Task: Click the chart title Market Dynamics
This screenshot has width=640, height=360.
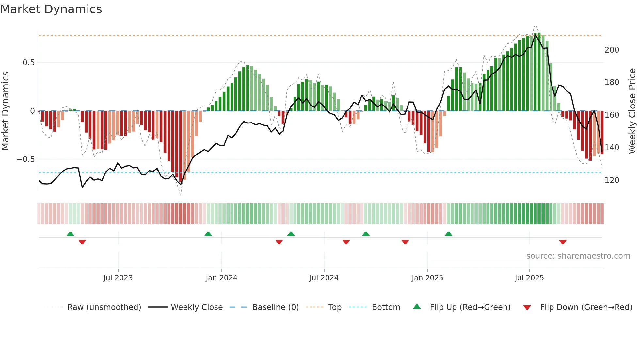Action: coord(51,9)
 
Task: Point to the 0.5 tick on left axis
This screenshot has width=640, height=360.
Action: coord(28,63)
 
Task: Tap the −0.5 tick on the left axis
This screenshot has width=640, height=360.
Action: coord(25,159)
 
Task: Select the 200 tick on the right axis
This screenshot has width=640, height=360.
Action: coord(612,50)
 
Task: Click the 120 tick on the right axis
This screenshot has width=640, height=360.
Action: coord(612,180)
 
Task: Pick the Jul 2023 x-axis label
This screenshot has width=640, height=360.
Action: coord(118,278)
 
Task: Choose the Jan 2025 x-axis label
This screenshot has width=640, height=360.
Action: coord(427,278)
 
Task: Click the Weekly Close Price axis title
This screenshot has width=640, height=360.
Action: coord(632,111)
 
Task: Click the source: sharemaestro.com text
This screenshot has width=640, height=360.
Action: coord(578,256)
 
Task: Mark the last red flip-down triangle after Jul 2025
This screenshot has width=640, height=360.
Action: coord(562,242)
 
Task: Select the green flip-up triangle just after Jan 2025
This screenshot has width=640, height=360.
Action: coord(448,234)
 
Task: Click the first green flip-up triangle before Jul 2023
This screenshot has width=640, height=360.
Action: coord(70,234)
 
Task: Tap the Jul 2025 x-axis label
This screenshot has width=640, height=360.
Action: coord(529,278)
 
